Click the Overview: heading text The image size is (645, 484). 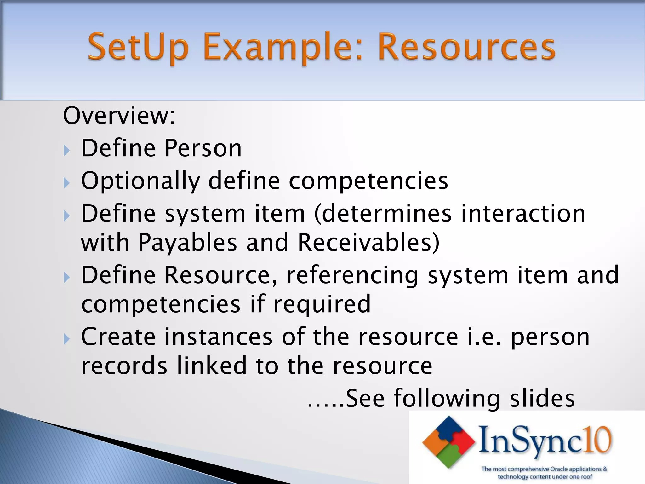[119, 116]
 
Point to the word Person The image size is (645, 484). [203, 148]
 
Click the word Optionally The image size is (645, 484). [140, 181]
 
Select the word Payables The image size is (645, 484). [188, 243]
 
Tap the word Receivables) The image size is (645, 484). [368, 243]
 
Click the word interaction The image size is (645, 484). [523, 213]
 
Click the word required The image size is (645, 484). [322, 304]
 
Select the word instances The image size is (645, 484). [218, 337]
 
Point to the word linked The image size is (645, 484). [212, 366]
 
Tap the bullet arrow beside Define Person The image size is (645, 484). [66, 151]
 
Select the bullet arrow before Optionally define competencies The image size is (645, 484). [66, 183]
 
